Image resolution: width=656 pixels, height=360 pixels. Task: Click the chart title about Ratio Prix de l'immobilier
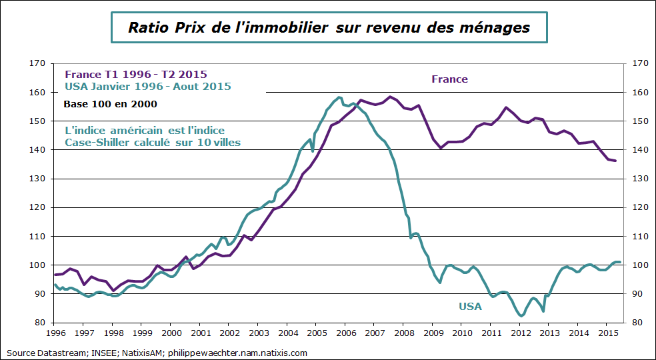pyautogui.click(x=328, y=28)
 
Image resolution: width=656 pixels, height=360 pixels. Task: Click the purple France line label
pyautogui.click(x=449, y=79)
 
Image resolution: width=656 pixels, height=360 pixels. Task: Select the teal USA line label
pyautogui.click(x=470, y=306)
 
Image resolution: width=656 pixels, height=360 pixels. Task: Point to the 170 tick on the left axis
pyautogui.click(x=38, y=64)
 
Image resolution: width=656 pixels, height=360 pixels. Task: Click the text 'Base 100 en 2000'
pyautogui.click(x=110, y=104)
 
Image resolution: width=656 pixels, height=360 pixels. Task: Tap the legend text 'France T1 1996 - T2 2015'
pyautogui.click(x=135, y=74)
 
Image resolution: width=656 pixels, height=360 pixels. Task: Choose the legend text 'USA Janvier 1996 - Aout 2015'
pyautogui.click(x=147, y=86)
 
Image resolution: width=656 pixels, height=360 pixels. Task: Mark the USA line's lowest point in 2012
pyautogui.click(x=521, y=316)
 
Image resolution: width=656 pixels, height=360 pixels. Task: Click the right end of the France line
pyautogui.click(x=615, y=161)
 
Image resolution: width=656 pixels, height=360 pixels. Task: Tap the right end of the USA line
pyautogui.click(x=620, y=262)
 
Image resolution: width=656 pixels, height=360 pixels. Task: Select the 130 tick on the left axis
pyautogui.click(x=38, y=179)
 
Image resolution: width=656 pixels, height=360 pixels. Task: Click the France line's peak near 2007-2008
pyautogui.click(x=391, y=97)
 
